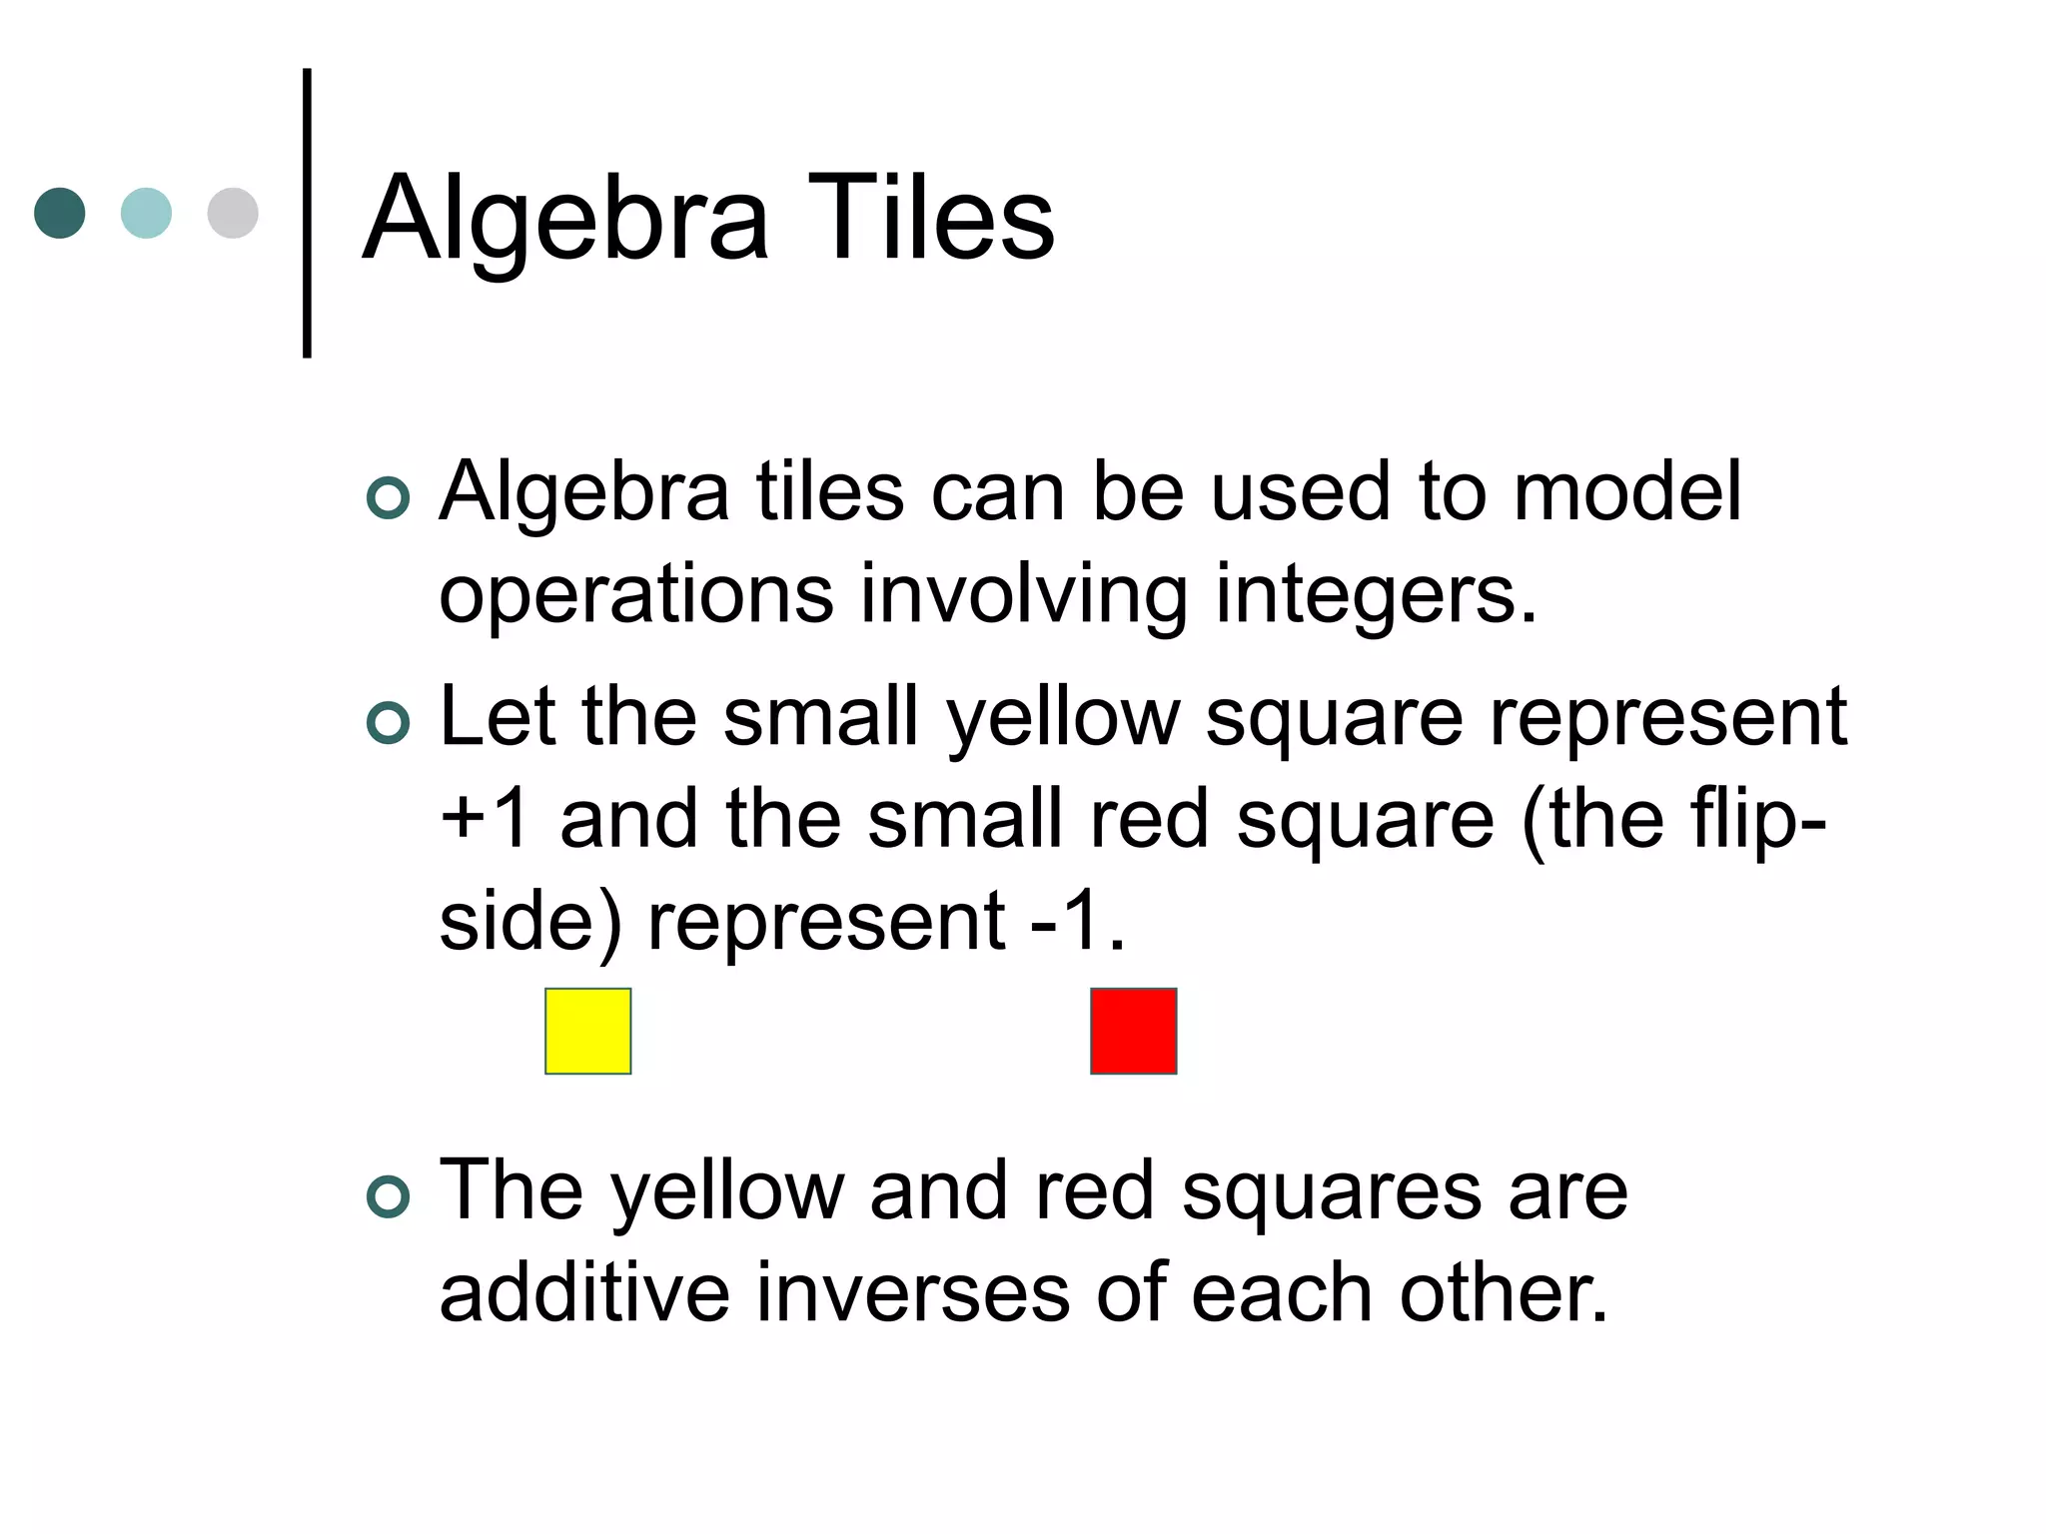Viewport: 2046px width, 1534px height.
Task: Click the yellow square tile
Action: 587,1031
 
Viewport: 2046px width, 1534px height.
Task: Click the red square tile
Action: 1133,1031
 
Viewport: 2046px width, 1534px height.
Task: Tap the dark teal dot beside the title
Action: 60,213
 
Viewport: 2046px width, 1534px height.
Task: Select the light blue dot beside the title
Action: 146,213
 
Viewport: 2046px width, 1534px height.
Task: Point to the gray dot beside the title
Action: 233,213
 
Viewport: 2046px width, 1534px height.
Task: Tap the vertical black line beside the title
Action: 307,213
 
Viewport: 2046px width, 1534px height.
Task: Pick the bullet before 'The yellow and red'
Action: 388,1196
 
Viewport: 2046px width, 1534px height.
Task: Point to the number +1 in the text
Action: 486,819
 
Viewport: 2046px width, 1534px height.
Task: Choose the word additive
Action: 584,1292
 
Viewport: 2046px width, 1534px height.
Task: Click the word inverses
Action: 912,1292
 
